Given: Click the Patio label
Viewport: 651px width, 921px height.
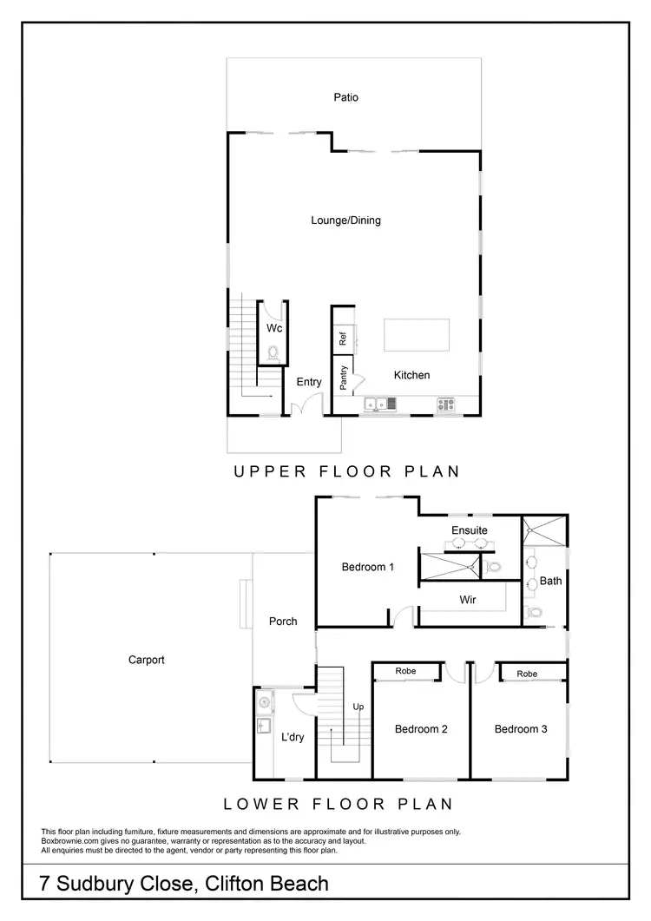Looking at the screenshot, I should pos(345,97).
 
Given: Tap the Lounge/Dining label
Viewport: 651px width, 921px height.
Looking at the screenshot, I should pos(345,220).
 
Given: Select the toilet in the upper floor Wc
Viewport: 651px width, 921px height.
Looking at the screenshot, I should pos(273,352).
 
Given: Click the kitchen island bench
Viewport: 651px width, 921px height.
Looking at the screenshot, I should pos(417,335).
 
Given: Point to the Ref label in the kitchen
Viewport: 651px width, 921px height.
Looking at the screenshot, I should pos(343,338).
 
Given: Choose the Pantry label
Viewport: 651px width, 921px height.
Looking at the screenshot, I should pos(344,378).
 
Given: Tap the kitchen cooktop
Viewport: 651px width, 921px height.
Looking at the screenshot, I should pos(445,404).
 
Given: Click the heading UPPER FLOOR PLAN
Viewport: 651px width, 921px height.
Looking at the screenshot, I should pos(345,471).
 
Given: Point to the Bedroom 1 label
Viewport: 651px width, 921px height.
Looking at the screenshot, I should pos(368,567).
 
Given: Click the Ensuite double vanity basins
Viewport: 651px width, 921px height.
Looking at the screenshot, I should pos(469,544).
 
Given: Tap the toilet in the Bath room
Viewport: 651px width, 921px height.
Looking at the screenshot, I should pos(534,612).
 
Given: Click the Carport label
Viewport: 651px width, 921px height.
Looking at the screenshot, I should pos(146,660).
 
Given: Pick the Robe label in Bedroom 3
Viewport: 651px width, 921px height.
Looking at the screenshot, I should pos(526,674).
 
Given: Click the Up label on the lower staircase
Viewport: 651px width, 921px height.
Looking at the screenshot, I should pos(358,707).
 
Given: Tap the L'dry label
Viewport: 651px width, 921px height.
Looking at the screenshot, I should pos(293,737).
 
